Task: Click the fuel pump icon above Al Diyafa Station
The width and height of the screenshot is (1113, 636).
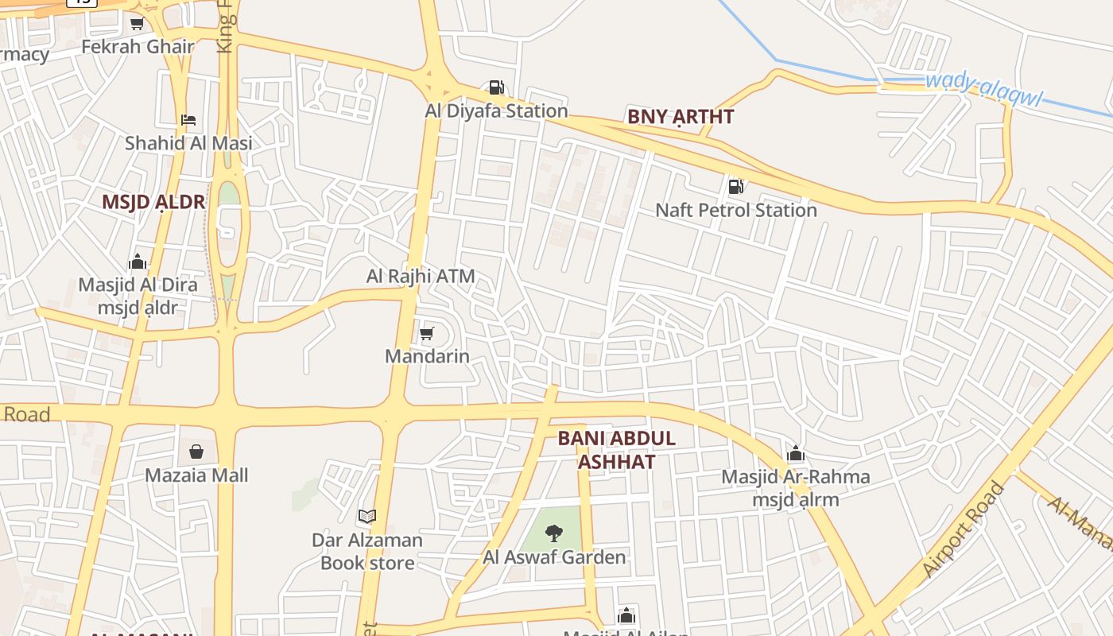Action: [496, 87]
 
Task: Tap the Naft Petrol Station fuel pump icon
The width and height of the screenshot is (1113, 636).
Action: [735, 187]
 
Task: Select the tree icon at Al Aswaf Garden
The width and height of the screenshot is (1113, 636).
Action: [554, 533]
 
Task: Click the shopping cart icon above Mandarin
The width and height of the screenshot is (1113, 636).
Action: [427, 333]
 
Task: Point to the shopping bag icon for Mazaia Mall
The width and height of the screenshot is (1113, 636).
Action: [196, 452]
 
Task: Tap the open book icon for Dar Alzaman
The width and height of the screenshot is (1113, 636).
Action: [366, 517]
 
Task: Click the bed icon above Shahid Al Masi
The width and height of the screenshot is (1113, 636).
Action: [188, 120]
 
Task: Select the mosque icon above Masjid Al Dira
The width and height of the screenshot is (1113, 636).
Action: [138, 262]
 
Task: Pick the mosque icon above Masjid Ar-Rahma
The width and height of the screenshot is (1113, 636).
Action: [795, 454]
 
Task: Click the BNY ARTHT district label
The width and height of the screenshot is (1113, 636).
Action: [681, 117]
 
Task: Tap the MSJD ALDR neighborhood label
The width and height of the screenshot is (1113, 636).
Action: [153, 202]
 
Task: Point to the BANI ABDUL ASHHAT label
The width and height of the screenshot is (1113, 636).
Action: [616, 449]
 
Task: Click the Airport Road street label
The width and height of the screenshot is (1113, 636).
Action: [964, 529]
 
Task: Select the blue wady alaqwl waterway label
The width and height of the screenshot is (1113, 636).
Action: [983, 89]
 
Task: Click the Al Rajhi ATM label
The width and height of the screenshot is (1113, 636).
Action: [421, 277]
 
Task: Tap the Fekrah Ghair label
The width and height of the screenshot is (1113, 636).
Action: [138, 47]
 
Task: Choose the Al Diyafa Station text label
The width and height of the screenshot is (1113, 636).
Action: [497, 111]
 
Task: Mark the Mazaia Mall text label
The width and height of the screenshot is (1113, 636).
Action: [196, 475]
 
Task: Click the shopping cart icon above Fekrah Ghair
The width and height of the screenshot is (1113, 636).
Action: [137, 24]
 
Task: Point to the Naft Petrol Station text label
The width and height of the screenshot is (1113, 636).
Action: [736, 210]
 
